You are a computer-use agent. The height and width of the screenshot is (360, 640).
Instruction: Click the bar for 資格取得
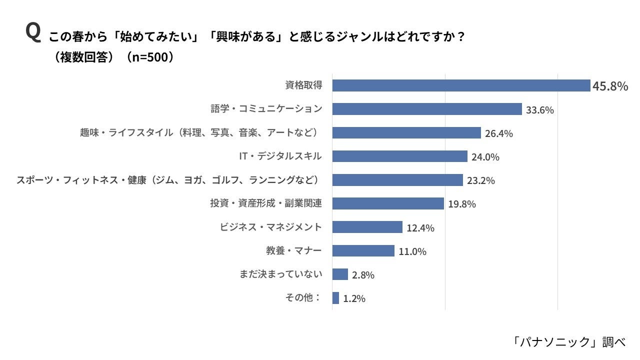tap(461, 85)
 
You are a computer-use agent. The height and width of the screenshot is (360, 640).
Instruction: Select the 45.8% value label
tap(610, 86)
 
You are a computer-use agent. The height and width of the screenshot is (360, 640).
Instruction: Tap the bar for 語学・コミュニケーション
tap(427, 109)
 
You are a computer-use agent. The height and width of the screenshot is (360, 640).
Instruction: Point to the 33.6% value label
tap(539, 110)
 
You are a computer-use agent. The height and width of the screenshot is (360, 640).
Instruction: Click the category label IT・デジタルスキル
tap(280, 156)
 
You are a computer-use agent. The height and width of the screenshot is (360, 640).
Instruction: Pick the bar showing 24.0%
tap(399, 156)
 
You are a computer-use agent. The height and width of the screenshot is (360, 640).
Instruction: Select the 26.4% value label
tap(498, 133)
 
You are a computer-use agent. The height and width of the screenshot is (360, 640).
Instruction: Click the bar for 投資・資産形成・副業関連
tap(388, 203)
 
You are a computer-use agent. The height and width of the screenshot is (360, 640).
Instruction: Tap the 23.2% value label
tap(480, 180)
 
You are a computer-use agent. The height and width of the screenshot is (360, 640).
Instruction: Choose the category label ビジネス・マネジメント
tap(271, 227)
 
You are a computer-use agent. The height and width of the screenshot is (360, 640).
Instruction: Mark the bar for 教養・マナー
tap(363, 250)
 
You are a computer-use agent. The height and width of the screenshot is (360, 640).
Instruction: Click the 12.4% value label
tap(420, 228)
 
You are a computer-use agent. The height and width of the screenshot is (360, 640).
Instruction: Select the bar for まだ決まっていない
tap(340, 274)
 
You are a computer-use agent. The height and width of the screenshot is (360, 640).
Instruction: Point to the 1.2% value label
tap(354, 298)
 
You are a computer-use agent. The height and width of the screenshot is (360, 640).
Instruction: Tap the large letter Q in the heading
tap(32, 33)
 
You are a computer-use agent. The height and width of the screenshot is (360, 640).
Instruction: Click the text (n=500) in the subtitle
tap(150, 57)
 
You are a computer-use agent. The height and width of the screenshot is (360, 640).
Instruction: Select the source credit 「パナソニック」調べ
tap(568, 341)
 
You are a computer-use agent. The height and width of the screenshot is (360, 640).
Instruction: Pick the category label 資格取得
tap(303, 85)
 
